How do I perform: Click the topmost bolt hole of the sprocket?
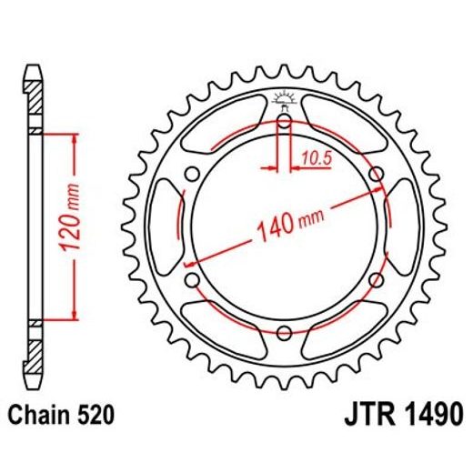click(284, 122)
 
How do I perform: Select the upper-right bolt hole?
click(375, 175)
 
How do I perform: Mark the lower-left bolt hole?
click(193, 279)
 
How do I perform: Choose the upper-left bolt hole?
click(193, 175)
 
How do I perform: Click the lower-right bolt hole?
click(375, 279)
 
